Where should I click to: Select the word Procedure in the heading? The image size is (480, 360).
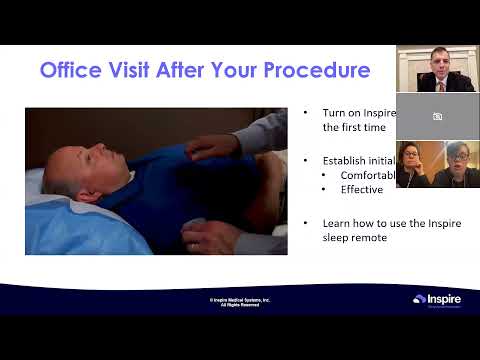pos(318,71)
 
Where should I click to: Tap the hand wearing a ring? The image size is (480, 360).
pos(204,236)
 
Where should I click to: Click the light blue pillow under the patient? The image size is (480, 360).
pos(60,215)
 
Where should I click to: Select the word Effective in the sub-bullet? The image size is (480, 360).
pos(361,190)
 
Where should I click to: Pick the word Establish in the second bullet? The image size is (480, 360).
pos(346,158)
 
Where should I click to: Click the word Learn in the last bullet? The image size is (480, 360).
pos(337,225)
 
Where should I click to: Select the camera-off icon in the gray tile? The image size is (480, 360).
pos(437,116)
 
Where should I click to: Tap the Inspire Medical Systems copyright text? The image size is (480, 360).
pos(239,301)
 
